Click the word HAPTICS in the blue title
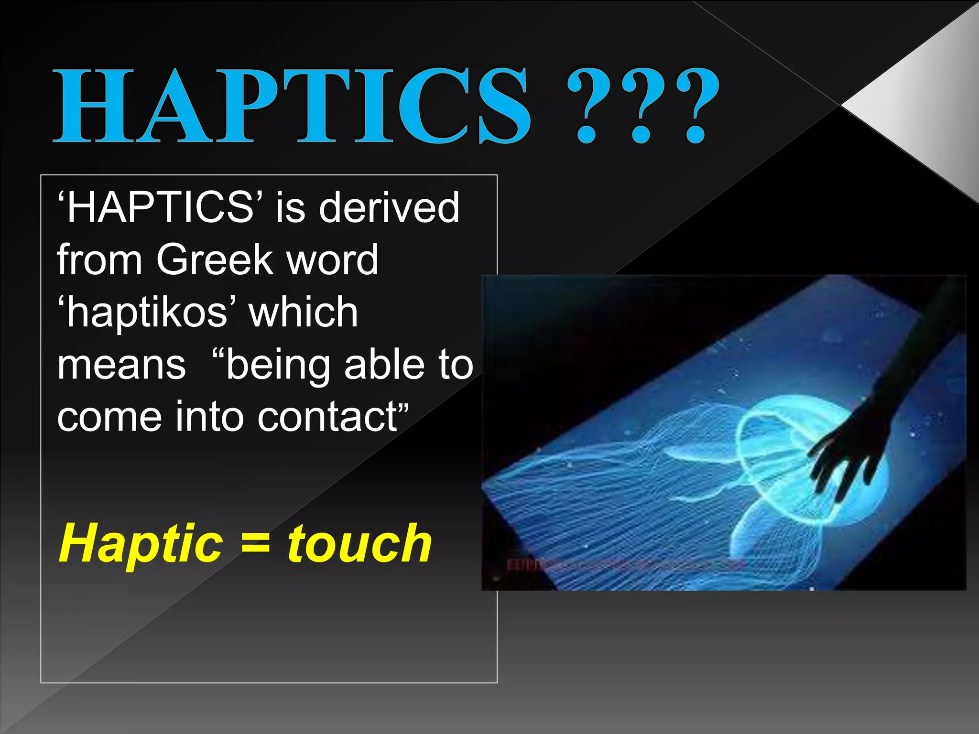292,106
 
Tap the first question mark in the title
589,106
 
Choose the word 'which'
303,312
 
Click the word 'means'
121,365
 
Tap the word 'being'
277,366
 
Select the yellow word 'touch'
359,544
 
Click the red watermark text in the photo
621,565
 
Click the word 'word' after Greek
332,259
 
